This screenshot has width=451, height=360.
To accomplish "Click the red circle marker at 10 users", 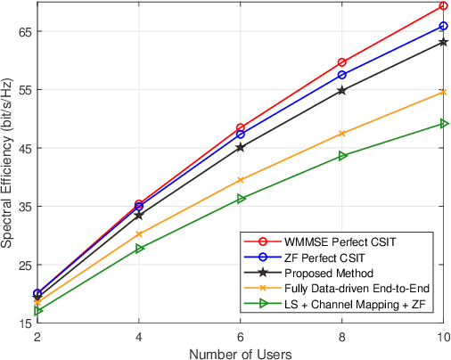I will click(444, 6).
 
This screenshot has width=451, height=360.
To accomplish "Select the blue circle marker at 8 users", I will click(342, 75).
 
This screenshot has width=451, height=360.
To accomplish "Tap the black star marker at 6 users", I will click(241, 147).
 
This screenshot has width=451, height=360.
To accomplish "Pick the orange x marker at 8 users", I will click(342, 134).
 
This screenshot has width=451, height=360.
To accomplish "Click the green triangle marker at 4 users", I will click(139, 249).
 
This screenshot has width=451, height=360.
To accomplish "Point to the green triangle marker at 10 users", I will click(444, 124).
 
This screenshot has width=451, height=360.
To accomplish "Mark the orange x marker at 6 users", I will click(241, 180).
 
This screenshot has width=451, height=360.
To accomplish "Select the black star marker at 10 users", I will click(444, 42).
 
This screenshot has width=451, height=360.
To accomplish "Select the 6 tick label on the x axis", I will click(241, 338).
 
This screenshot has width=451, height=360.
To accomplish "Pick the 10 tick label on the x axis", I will click(443, 338).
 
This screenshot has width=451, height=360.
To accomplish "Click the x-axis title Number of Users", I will click(241, 353).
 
